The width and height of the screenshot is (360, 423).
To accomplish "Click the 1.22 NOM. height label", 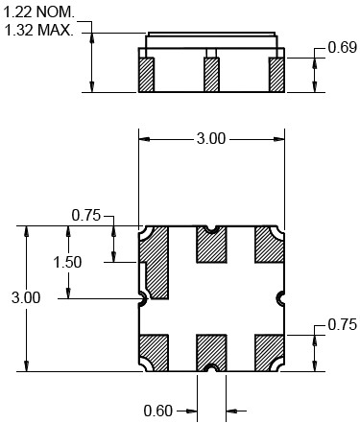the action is [38, 12].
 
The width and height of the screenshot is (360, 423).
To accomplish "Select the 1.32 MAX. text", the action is [39, 31].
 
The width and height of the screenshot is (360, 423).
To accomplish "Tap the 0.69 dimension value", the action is [342, 47].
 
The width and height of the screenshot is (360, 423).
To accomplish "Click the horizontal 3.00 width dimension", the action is [211, 139].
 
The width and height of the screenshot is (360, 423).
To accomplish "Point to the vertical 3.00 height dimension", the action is [26, 297].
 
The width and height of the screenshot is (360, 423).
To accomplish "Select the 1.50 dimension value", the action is [67, 262].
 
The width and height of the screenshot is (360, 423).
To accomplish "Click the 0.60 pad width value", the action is [158, 411].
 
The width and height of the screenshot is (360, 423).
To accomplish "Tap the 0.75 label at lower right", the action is [342, 325].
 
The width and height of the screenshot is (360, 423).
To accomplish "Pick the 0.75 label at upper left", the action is [86, 215].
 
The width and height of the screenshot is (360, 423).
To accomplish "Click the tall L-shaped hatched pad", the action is [157, 262].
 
